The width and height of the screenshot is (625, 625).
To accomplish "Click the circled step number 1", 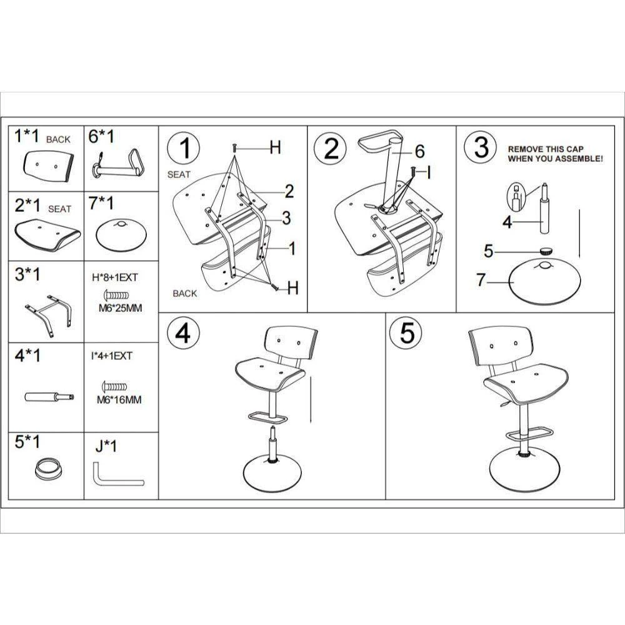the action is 184,148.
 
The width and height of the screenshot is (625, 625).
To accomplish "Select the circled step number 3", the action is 481,147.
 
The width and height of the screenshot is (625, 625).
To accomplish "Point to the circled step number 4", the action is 183,333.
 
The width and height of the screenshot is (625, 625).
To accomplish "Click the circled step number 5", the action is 407,332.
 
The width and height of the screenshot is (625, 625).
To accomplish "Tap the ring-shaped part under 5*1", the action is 49,469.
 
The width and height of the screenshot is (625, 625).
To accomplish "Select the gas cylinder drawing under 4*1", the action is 49,397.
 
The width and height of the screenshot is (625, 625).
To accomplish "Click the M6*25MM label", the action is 120,308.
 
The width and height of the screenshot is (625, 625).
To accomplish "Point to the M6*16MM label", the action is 119,400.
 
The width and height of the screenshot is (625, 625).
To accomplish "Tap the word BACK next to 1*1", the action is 58,139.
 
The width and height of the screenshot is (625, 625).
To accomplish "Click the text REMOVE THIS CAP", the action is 545,149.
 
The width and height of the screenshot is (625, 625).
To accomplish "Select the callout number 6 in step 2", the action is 420,151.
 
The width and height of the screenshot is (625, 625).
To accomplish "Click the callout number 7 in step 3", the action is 481,280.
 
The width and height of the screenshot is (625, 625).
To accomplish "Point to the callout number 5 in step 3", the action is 488,251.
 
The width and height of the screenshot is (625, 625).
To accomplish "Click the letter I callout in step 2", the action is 429,173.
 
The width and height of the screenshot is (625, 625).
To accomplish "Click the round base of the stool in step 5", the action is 524,471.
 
